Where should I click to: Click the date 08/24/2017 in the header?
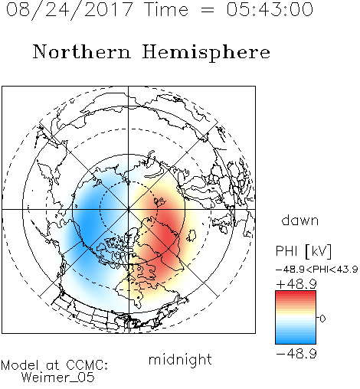69,10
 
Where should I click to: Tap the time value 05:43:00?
270,9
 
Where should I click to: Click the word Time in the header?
166,9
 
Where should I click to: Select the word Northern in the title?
82,51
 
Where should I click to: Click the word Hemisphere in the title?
206,53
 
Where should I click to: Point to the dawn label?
300,220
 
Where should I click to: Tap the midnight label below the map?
180,360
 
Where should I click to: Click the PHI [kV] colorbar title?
303,251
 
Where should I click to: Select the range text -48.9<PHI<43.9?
317,270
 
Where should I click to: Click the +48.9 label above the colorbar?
296,284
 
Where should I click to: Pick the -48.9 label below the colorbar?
296,354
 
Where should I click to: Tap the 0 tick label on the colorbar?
322,319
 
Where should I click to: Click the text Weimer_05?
58,378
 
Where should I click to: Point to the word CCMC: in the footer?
87,365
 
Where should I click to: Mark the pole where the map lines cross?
128,209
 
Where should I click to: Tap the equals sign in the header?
208,10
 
